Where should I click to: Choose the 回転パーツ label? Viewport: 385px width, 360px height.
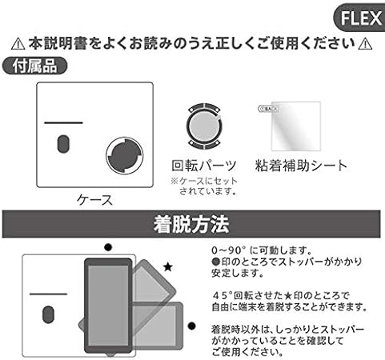(x=204, y=166)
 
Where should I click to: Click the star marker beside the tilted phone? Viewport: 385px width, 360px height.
(x=166, y=265)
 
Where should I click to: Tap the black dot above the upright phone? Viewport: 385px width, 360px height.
(x=107, y=247)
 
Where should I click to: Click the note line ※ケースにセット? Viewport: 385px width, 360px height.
(x=203, y=182)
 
